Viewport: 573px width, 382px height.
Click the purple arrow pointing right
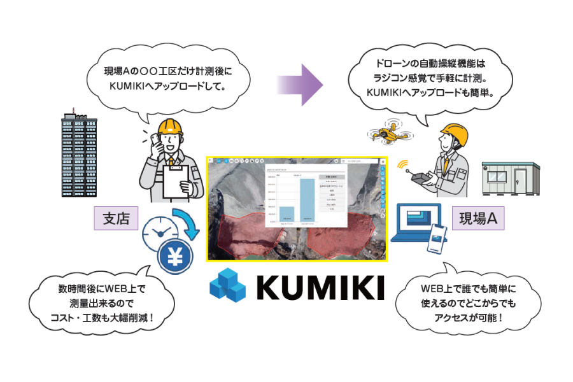click(299, 83)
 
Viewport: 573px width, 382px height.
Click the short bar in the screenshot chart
click(287, 214)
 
